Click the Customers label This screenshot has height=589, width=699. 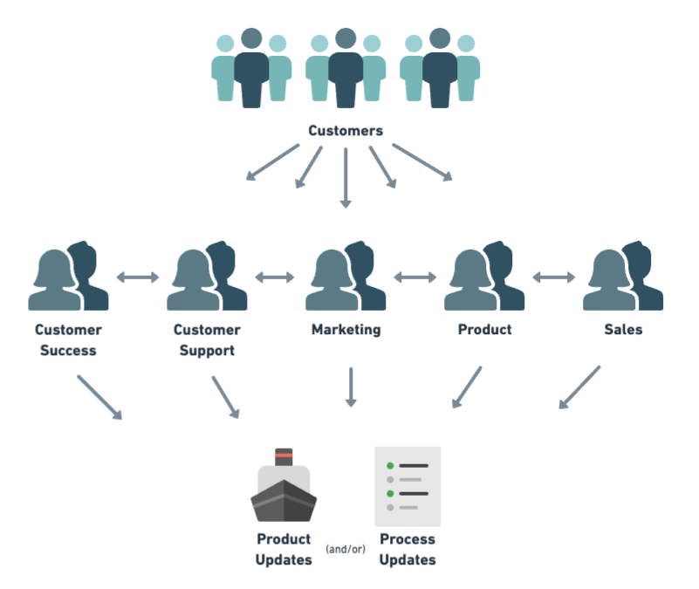345,131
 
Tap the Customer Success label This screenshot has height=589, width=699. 68,340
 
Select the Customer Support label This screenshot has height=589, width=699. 206,340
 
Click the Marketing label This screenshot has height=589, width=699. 346,330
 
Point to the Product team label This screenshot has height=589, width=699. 484,330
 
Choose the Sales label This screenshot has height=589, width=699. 622,330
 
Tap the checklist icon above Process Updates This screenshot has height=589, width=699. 407,485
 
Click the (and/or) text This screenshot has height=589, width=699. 346,549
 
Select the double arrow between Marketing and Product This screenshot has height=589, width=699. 415,277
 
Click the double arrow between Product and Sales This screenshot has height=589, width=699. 554,277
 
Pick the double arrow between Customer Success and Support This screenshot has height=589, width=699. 138,277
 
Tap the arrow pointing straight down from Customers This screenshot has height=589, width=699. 346,178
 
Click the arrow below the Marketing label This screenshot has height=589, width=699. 351,387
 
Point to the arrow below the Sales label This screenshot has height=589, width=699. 579,387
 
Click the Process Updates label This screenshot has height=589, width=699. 407,549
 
